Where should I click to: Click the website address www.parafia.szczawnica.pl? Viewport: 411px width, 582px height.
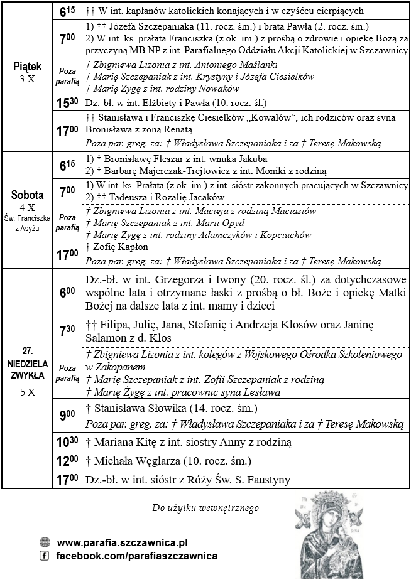(122, 542)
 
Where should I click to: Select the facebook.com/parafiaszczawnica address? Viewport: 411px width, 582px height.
(137, 556)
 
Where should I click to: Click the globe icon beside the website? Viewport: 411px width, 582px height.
(45, 542)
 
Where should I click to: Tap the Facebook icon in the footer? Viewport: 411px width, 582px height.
(45, 556)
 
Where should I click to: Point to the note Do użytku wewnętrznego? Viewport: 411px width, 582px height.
(205, 507)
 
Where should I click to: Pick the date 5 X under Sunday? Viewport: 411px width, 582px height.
(27, 392)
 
